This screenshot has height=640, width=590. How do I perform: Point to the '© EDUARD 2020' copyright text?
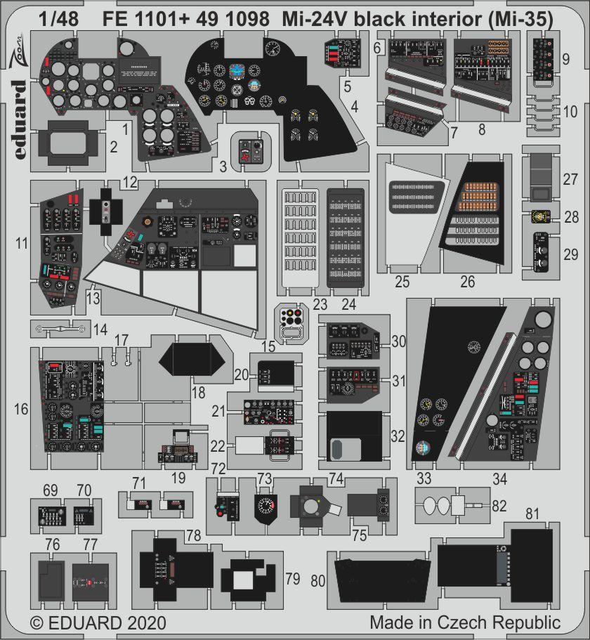tap(98, 622)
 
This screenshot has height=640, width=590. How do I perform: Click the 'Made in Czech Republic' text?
tap(465, 622)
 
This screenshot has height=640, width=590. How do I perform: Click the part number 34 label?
tap(499, 480)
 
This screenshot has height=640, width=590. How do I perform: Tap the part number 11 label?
tap(22, 244)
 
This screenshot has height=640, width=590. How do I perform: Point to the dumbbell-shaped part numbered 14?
tap(62, 327)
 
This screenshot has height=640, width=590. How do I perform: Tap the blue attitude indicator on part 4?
tap(241, 70)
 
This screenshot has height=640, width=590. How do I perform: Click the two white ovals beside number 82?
tap(436, 504)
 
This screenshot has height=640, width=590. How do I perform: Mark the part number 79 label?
tap(293, 580)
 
